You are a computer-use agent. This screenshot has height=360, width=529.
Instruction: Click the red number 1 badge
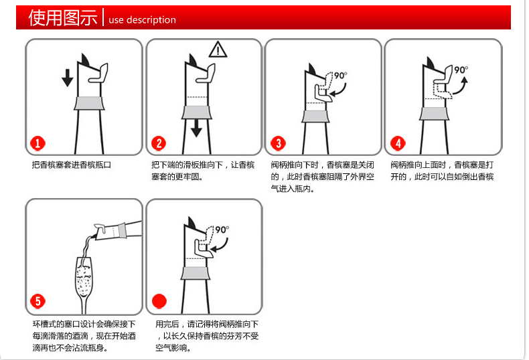37,143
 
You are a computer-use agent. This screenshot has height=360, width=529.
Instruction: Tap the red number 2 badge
159,143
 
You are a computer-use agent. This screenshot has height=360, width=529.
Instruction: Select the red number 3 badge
278,143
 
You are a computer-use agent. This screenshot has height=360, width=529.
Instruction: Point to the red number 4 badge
398,143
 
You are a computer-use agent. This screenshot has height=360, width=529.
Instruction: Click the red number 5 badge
37,301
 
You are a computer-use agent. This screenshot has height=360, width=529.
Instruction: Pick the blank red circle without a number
159,301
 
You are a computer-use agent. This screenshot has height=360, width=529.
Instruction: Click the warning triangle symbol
218,50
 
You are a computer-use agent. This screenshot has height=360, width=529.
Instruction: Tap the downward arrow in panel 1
68,78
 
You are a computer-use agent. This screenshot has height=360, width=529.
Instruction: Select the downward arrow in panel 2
196,128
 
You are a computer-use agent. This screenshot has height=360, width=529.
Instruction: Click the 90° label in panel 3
341,76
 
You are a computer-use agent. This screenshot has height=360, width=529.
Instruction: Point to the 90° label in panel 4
461,70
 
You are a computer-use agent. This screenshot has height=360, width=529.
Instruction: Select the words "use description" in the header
142,20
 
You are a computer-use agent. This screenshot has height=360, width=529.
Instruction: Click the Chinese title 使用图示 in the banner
63,17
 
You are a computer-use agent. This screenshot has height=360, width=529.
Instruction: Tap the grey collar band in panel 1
90,103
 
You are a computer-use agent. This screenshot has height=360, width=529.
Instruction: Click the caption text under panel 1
72,165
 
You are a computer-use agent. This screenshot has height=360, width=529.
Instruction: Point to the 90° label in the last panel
222,230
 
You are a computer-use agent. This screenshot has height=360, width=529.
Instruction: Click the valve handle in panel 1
100,73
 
